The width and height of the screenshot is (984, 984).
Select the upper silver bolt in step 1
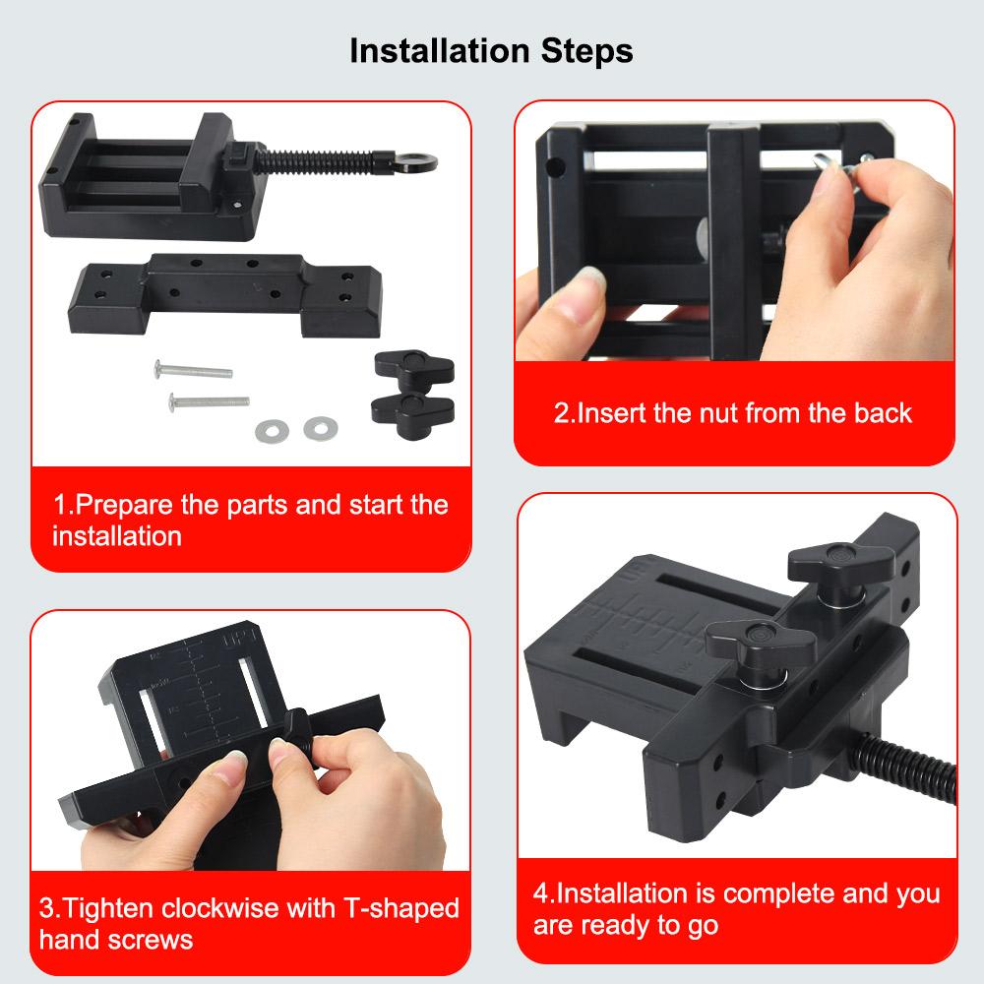193,370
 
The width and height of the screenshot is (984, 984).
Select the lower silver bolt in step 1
209,401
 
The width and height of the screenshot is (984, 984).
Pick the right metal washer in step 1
321,429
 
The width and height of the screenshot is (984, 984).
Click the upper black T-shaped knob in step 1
414,370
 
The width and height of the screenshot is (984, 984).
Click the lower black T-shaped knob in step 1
412,409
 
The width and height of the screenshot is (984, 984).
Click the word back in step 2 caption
883,413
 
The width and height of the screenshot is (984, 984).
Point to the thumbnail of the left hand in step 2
588,280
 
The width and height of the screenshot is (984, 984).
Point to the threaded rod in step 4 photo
904,767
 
